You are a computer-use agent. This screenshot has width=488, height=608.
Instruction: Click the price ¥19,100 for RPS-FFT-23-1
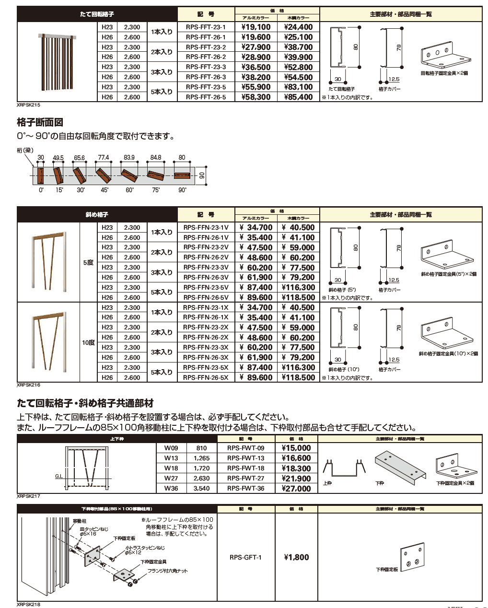point(256,27)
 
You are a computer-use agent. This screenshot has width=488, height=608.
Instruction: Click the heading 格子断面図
point(40,123)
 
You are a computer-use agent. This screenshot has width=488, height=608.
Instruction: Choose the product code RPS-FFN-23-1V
point(206,228)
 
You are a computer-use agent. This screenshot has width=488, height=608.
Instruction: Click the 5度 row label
point(88,262)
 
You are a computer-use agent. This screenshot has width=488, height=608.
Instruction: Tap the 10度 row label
point(88,342)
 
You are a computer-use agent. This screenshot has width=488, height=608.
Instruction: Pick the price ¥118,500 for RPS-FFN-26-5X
point(298,378)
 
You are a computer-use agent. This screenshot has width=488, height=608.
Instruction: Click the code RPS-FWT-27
point(245,478)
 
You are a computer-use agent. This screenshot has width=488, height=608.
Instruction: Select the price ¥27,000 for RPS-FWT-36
point(296,489)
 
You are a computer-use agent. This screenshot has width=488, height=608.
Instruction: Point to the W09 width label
point(171,448)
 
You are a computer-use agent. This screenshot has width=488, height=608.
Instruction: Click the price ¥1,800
point(296,557)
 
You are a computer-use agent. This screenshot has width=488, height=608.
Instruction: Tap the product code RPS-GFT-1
point(245,557)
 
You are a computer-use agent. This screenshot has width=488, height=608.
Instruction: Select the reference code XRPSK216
point(28,385)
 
